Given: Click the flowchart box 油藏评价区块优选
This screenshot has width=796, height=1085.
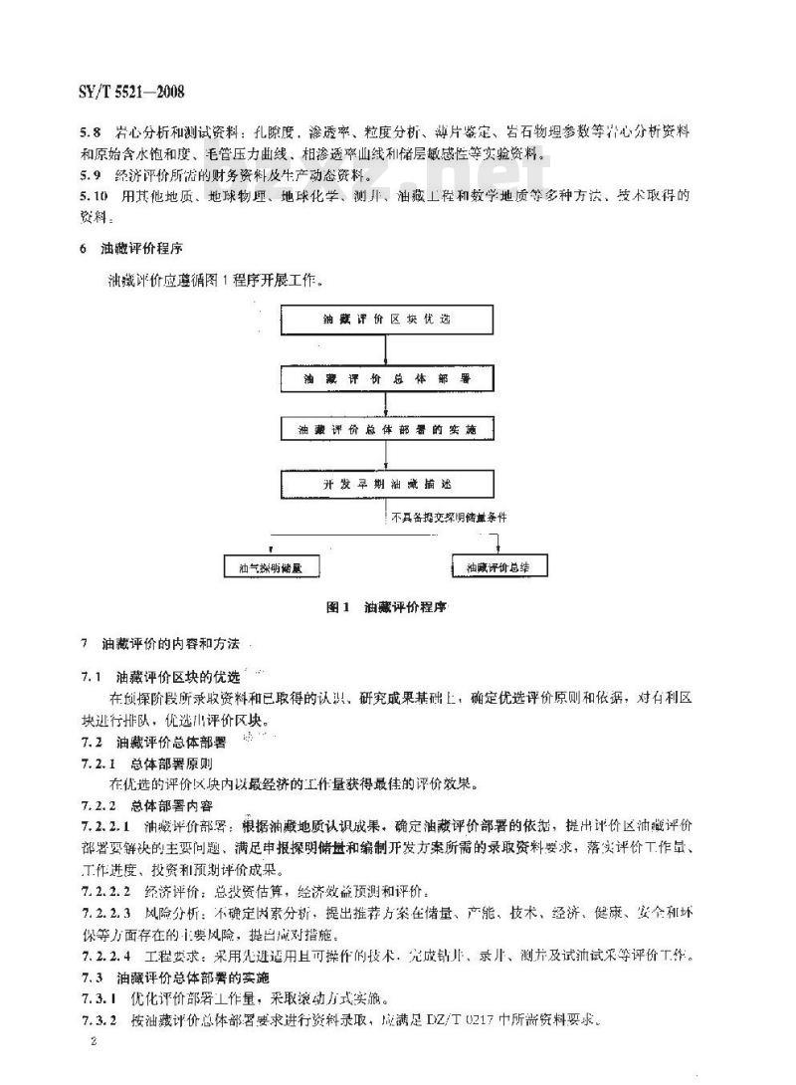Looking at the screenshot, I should [x=387, y=322].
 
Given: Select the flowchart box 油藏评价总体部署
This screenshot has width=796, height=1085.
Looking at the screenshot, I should [x=387, y=379].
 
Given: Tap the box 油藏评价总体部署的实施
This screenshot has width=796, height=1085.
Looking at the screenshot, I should [x=387, y=430].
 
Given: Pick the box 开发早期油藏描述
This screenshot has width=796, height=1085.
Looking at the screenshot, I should [x=387, y=483].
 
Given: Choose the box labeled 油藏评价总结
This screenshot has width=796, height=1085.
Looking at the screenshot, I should [x=498, y=566].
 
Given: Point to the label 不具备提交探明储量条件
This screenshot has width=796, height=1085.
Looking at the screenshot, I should [x=451, y=517].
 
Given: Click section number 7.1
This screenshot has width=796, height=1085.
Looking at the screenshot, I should [x=91, y=675].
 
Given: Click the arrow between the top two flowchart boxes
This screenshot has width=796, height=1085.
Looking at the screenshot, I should [x=387, y=350].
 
